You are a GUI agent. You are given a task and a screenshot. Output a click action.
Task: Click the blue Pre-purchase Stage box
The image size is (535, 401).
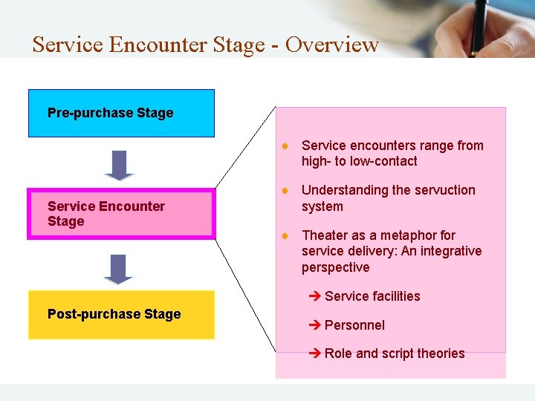pos(121,113)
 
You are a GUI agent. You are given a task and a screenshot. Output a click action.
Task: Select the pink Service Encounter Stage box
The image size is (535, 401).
pos(121,214)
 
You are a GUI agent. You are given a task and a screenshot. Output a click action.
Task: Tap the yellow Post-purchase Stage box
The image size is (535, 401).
pos(121,314)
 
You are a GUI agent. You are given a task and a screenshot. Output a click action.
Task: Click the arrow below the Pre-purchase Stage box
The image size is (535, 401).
pos(118,165)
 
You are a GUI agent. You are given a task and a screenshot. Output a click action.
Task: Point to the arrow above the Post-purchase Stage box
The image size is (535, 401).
pos(118,268)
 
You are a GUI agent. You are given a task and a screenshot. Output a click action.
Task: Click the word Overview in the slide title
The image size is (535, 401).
pos(331,45)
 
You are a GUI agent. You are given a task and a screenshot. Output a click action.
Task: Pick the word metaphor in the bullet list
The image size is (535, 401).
pos(407,235)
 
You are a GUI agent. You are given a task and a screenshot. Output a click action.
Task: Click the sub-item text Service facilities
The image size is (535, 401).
pos(372,296)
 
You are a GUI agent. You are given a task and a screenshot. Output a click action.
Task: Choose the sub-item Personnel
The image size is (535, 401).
pos(354,325)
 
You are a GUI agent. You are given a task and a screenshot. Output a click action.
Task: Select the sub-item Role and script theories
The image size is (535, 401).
pos(395,353)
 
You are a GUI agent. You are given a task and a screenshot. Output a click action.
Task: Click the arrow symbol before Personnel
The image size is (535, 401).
pos(314,325)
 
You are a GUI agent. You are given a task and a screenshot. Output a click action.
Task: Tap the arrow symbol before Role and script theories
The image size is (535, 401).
pos(314,353)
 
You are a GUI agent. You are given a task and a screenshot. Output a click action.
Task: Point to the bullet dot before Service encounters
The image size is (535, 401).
pos(285,146)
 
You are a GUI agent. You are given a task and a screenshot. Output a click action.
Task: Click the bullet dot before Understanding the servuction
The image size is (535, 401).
pos(285,190)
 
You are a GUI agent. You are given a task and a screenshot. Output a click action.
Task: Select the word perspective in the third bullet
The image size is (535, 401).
pos(335,267)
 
